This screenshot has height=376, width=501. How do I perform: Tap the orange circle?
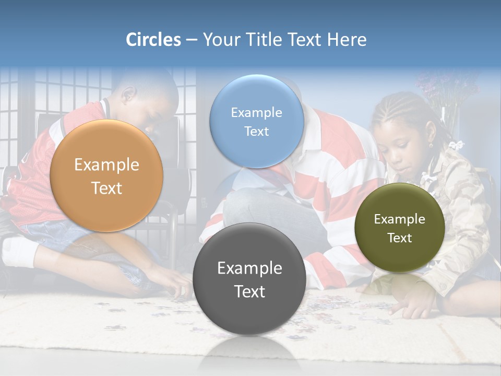click(x=106, y=176)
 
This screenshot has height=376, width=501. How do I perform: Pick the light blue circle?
click(x=256, y=121)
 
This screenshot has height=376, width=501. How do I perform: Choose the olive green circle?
click(x=399, y=228)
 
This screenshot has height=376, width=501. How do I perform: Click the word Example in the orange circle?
click(x=106, y=165)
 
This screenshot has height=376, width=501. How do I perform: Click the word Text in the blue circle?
click(x=256, y=131)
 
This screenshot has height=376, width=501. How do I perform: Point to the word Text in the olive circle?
click(x=400, y=238)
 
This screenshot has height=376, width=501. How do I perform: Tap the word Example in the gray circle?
click(x=249, y=268)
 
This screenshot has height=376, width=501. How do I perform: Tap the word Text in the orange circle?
click(x=106, y=188)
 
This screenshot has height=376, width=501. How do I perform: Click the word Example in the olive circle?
click(x=400, y=219)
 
